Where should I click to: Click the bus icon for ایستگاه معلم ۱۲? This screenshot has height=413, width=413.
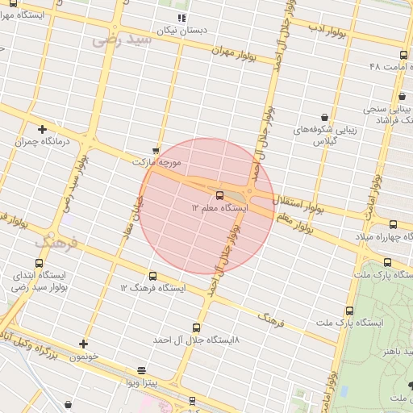coord(220,194)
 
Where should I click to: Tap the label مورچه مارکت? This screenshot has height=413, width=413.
coord(158,163)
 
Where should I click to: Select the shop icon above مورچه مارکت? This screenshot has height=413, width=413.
coord(156,150)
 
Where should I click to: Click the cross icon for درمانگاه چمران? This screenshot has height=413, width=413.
coord(42,128)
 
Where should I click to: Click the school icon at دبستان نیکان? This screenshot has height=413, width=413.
coord(181,17)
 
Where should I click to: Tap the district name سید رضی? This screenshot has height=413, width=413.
coord(122,39)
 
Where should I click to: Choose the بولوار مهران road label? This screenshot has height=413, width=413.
coord(233,53)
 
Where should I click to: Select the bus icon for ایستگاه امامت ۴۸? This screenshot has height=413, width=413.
coord(403,55)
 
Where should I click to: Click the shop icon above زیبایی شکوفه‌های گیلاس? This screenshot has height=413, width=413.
coord(324,117)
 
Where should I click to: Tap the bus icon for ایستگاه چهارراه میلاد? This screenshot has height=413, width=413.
coord(393,224)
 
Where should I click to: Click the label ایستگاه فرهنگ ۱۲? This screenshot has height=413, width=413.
coord(153,288)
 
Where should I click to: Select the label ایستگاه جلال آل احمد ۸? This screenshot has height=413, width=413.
coord(196,340)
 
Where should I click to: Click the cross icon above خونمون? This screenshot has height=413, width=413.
coord(82,344)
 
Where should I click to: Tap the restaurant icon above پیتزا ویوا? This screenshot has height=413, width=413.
coord(142,371)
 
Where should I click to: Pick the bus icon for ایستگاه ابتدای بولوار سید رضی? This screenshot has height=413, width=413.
coord(40,263)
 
